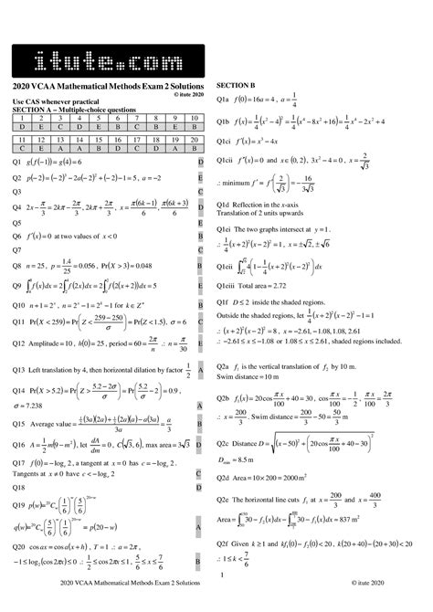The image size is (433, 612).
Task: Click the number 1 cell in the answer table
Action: (21, 113)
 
